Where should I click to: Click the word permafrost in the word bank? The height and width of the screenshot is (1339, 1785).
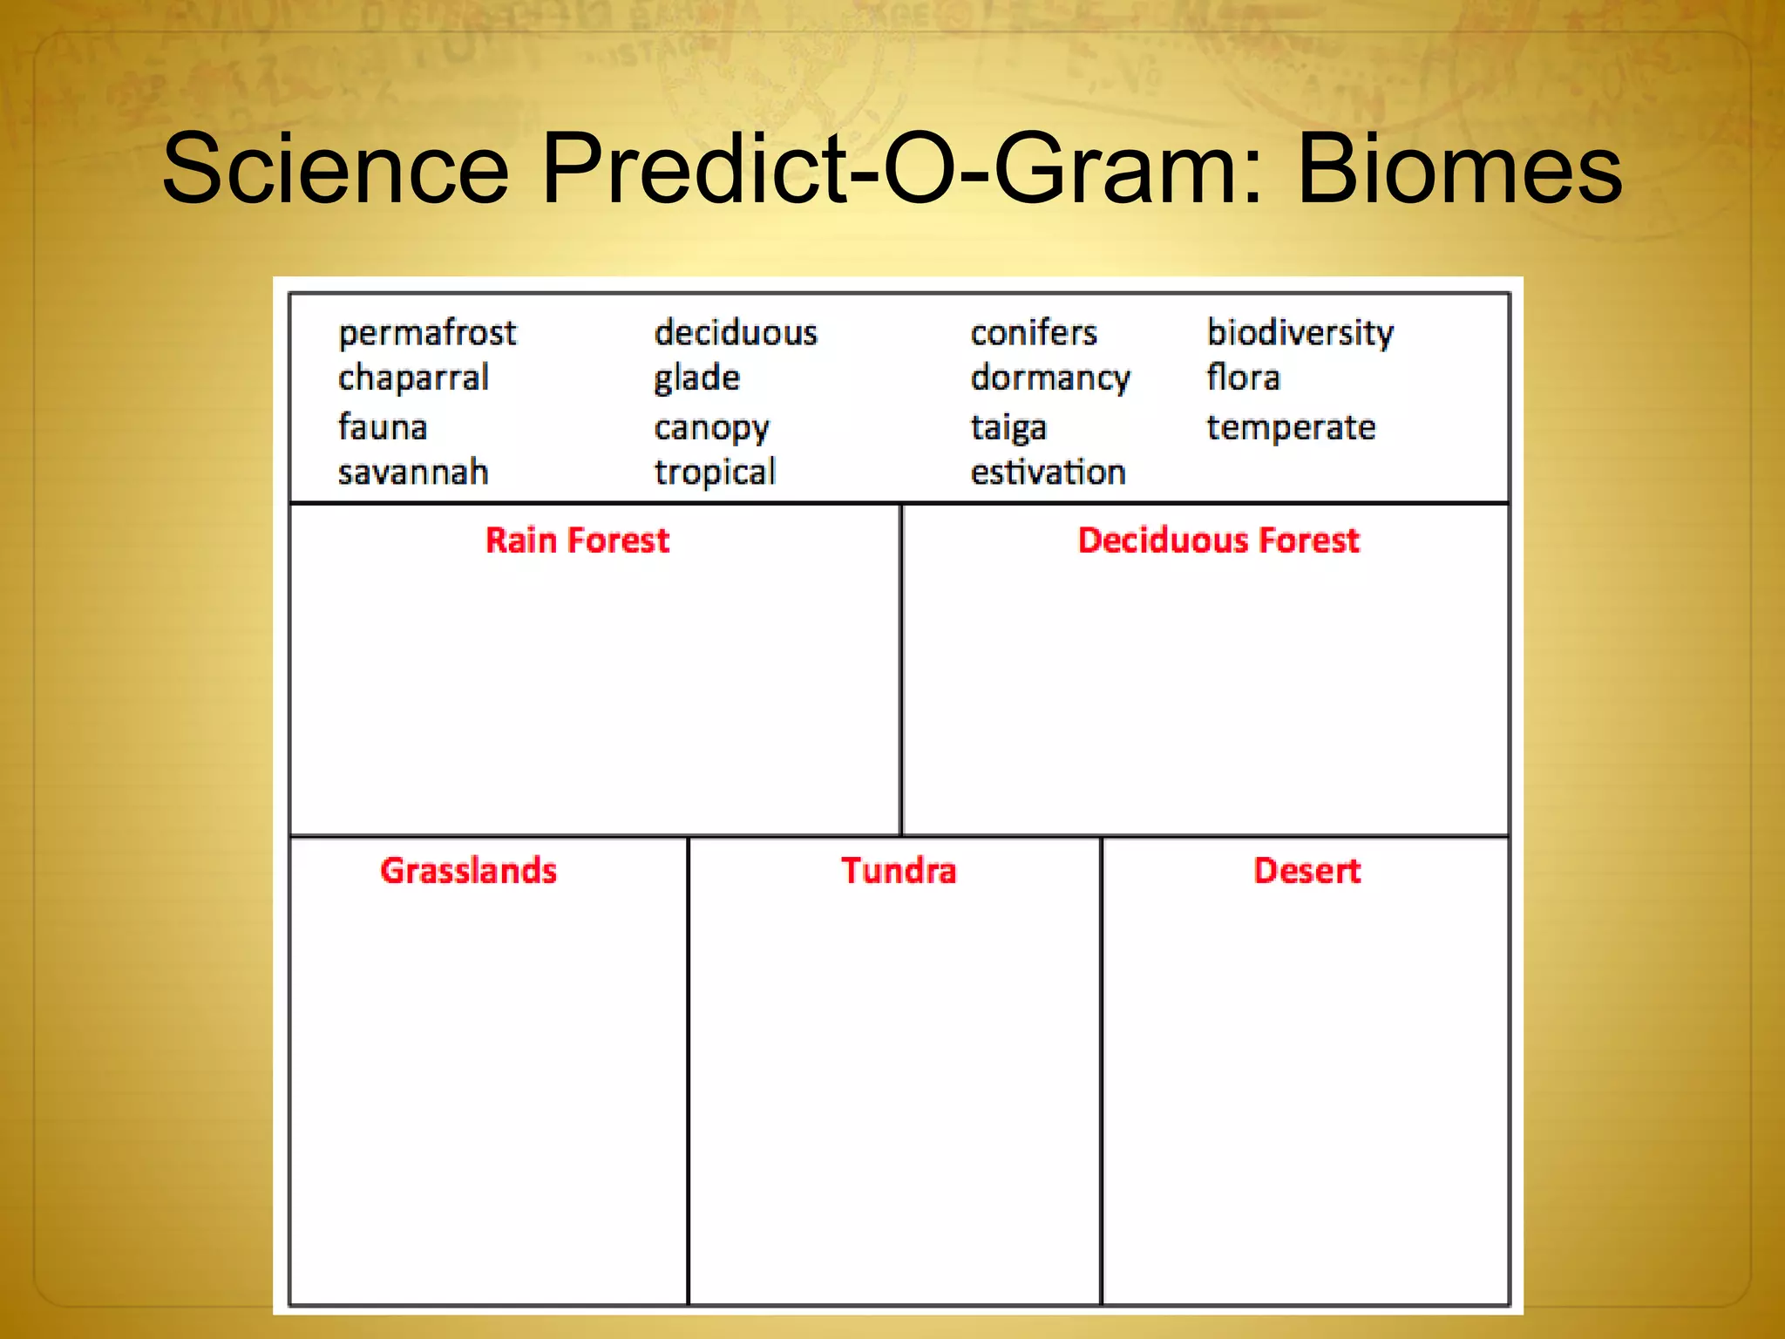pos(427,334)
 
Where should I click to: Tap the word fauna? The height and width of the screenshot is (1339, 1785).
pos(383,427)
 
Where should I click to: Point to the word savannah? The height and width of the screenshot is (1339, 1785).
pos(413,472)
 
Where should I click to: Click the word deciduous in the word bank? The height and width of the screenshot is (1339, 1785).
pos(736,333)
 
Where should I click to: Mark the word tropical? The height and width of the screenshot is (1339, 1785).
pos(715,473)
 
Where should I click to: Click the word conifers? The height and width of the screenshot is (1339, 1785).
pos(1034,333)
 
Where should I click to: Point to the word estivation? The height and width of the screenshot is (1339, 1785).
pos(1049,472)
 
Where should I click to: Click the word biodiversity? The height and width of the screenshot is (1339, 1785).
pos(1300,334)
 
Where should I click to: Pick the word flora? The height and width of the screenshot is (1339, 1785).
pos(1244,378)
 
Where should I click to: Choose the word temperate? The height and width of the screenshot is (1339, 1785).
pos(1291,428)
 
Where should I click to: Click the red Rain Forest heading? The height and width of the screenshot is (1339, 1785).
pos(577,540)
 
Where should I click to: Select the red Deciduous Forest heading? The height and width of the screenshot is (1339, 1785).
pos(1218,540)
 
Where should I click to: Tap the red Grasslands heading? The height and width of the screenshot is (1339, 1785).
pos(469,871)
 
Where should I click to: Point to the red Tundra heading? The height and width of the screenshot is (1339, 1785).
pos(899,871)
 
